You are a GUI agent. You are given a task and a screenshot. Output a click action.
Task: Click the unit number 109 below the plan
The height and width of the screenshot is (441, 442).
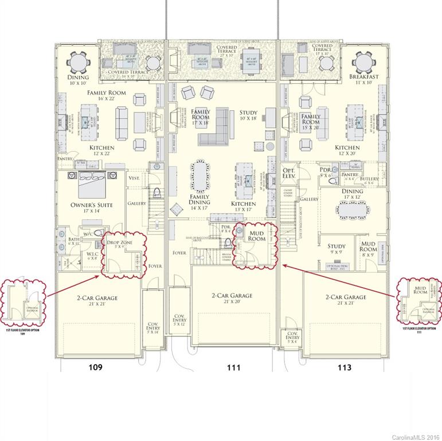point(95,367)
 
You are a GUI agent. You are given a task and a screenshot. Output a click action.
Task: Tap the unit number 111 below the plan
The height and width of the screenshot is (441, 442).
point(233,367)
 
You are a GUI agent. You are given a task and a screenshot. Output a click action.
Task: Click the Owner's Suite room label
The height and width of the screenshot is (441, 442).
point(92,205)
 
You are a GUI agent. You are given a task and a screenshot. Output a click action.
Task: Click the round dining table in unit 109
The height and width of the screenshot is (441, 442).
point(77,61)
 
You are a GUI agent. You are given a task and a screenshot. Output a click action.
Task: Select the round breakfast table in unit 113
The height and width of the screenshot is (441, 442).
point(364,61)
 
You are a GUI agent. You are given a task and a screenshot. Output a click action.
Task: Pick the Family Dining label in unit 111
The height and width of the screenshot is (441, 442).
point(200,199)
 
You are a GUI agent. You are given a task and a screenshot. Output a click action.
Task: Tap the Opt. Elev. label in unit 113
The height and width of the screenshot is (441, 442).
point(289,174)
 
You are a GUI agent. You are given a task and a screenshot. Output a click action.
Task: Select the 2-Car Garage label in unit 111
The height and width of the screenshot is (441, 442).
point(232,296)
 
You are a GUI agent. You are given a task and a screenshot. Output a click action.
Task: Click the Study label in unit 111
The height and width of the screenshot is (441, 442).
point(249,113)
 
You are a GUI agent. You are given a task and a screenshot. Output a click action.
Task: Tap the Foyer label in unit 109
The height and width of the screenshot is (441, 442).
point(155,266)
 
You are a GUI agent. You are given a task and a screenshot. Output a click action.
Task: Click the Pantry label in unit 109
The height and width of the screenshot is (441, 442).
point(67,158)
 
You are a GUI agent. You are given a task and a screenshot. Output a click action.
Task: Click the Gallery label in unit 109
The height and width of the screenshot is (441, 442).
point(136,203)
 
